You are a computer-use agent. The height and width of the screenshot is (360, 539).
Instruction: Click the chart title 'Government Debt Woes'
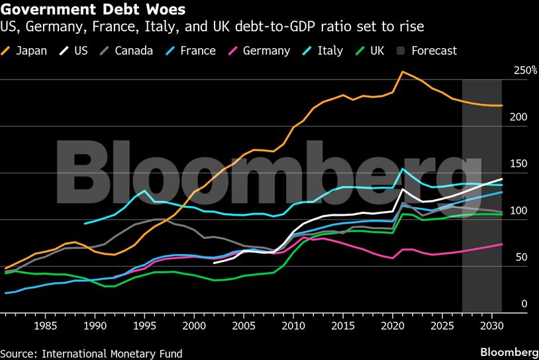93,11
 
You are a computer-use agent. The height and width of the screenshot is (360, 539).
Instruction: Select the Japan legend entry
26,50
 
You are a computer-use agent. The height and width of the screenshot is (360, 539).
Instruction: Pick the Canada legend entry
126,50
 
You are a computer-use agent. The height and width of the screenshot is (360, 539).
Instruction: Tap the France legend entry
189,50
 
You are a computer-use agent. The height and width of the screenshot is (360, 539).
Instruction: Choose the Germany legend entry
259,50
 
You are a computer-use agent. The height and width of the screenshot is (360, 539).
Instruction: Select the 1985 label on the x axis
45,326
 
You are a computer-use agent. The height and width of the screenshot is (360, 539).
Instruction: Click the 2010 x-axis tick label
293,326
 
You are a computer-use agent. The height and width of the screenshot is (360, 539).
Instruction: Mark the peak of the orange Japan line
403,71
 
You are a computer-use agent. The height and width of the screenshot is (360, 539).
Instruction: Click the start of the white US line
214,263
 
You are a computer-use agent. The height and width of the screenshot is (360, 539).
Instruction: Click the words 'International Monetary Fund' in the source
112,353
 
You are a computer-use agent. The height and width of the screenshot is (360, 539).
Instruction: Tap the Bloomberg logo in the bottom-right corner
509,351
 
